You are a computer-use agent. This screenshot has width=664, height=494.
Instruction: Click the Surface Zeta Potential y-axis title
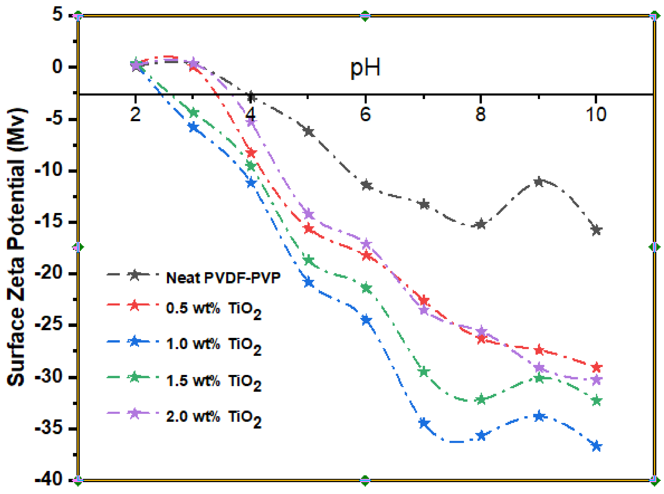click(17, 247)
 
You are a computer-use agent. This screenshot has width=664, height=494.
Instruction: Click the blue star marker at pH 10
click(596, 446)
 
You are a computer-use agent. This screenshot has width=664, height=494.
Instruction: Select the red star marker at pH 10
click(596, 367)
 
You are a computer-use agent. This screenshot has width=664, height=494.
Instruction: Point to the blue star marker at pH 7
click(424, 423)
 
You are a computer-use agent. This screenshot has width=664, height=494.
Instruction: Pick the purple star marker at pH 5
click(308, 214)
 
